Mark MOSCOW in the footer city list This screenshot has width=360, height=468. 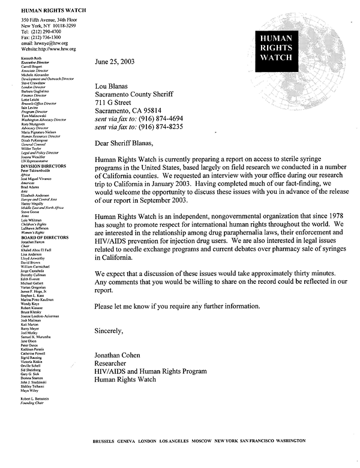(x=202, y=441)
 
